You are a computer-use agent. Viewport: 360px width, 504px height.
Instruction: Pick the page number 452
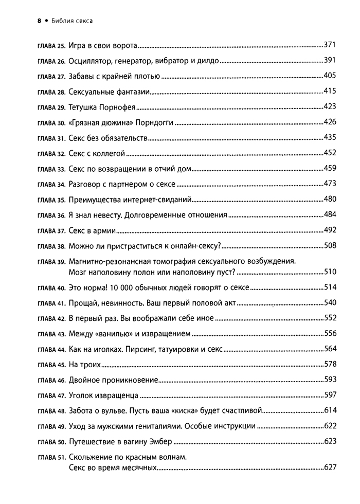[329, 153]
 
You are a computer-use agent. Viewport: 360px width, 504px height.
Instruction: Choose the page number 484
[329, 214]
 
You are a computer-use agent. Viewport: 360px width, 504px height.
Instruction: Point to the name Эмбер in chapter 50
[158, 441]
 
